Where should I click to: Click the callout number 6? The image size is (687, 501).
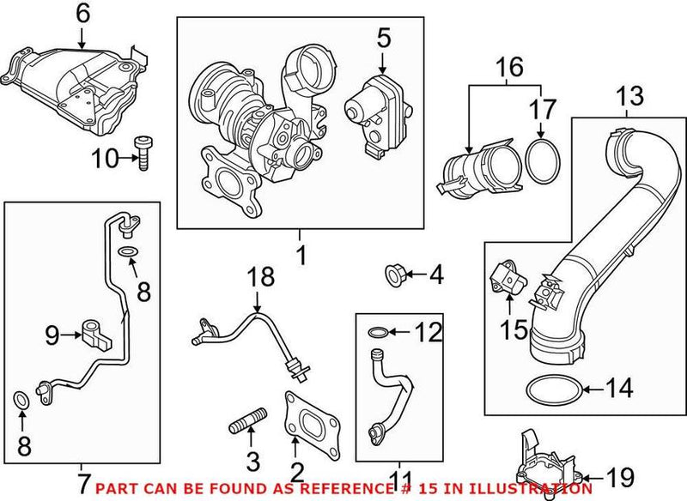(x=82, y=13)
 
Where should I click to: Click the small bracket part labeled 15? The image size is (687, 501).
(x=508, y=279)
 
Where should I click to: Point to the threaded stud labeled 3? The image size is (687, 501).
(x=246, y=427)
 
